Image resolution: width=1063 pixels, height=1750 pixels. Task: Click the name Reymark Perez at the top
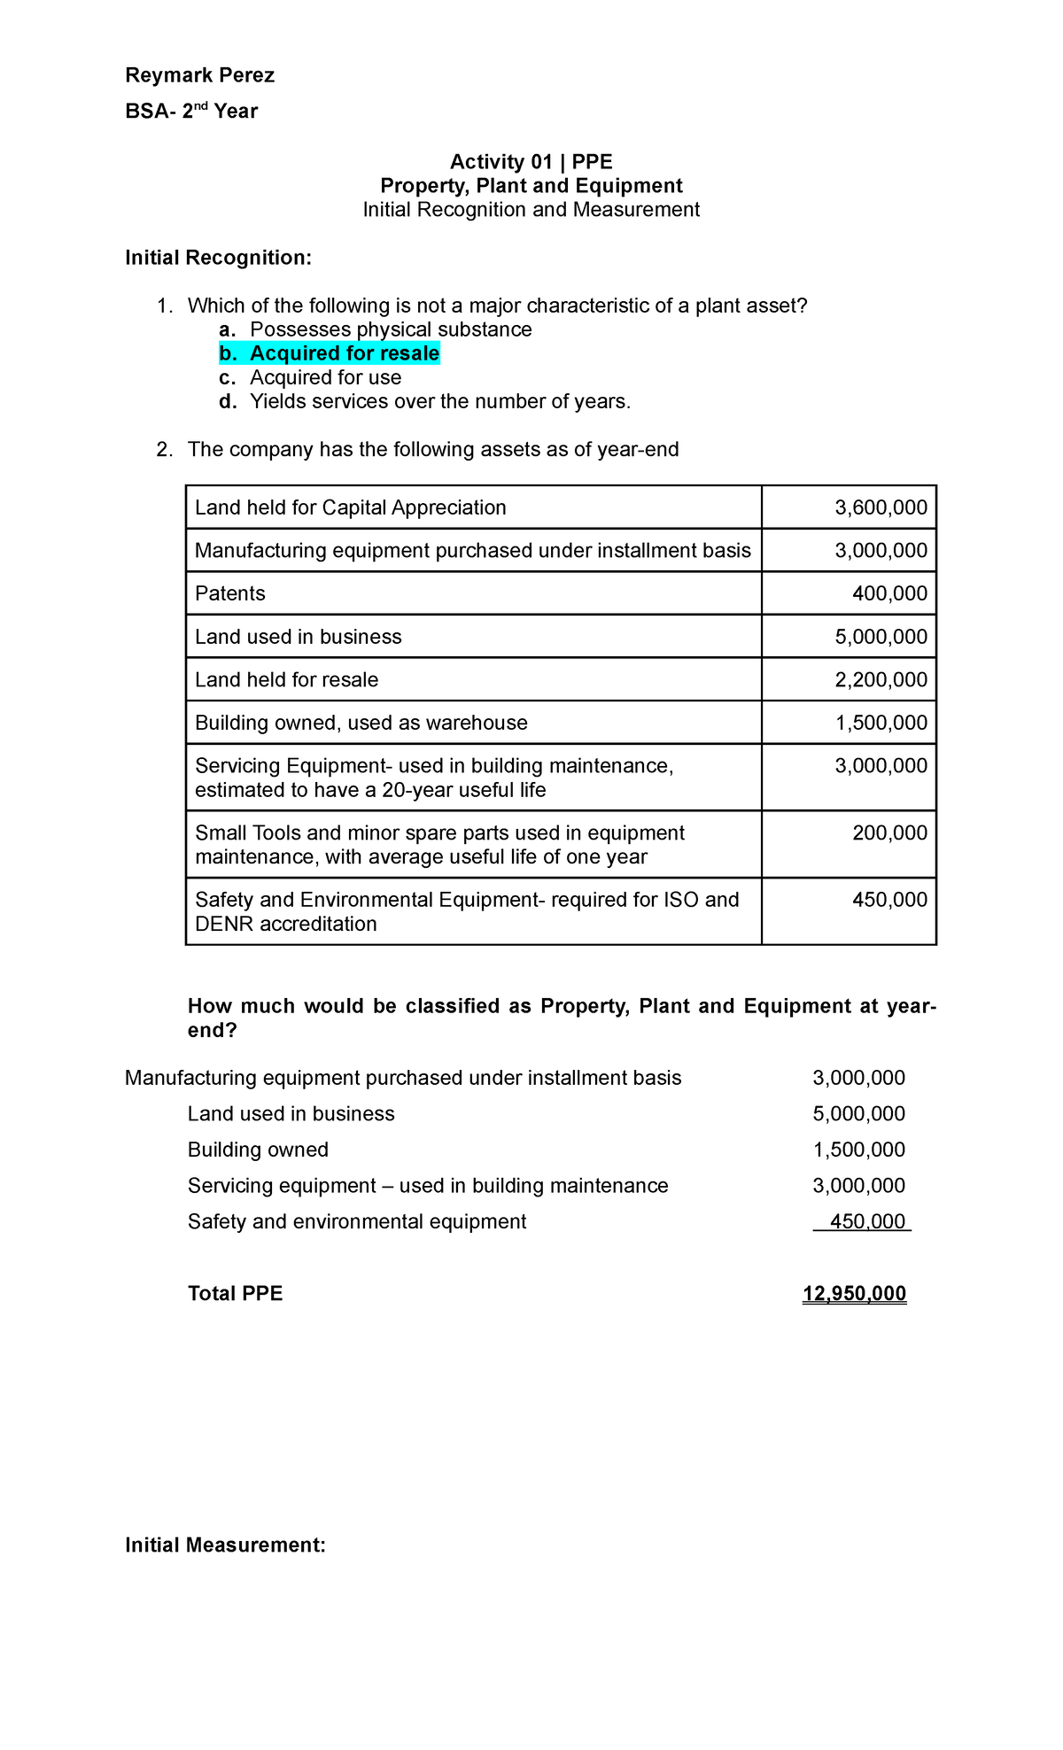199,75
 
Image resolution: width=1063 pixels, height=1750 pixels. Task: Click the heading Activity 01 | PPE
531,161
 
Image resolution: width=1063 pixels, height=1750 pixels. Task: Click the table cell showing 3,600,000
881,507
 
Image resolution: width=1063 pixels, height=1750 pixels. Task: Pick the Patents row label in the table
230,593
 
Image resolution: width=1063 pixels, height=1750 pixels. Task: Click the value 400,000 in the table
889,593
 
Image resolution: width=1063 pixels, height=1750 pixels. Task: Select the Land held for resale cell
286,679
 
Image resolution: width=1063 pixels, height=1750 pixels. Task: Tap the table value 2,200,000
881,679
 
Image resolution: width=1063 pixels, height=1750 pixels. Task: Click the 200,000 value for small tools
889,832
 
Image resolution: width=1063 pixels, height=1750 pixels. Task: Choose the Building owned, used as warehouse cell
361,723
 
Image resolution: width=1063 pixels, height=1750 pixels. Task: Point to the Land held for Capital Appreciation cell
350,507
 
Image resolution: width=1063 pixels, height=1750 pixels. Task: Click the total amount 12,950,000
854,1293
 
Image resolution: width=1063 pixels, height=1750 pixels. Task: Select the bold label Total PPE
235,1293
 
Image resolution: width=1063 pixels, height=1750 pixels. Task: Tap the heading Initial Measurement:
225,1545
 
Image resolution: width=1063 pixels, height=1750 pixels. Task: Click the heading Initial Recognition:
218,258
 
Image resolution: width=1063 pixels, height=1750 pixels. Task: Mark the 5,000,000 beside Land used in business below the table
858,1113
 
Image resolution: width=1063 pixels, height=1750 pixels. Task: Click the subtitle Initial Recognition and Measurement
531,209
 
